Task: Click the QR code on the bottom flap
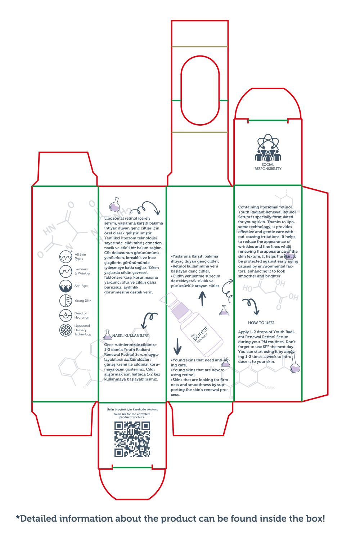132,439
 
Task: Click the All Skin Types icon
66,257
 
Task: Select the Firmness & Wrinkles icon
66,271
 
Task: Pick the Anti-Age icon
66,286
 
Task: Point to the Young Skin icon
66,301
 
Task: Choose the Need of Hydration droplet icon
66,315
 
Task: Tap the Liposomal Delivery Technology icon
66,330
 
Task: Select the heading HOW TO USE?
261,323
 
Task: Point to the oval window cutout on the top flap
200,90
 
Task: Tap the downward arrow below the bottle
177,346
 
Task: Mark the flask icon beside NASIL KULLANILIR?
107,335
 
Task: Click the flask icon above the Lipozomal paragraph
114,204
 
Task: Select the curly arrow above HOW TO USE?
251,306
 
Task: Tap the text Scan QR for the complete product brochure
132,415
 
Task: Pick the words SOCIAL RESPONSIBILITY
268,167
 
